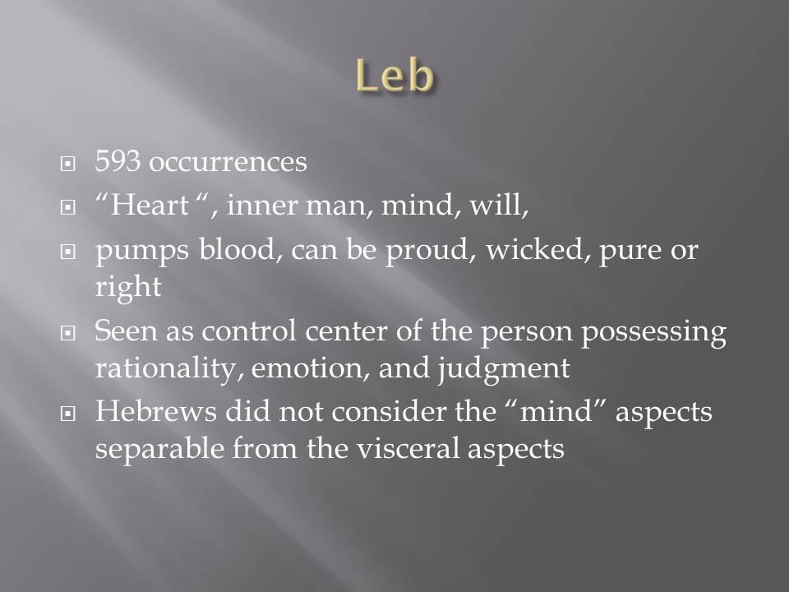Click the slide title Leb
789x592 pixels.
(394, 76)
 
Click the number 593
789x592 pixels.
(118, 161)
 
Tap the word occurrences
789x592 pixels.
(228, 162)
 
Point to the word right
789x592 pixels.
(128, 288)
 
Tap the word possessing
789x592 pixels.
(653, 333)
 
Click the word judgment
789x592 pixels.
(503, 368)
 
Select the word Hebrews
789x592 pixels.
(156, 411)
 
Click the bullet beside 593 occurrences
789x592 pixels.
(68, 164)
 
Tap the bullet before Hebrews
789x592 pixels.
(68, 414)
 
